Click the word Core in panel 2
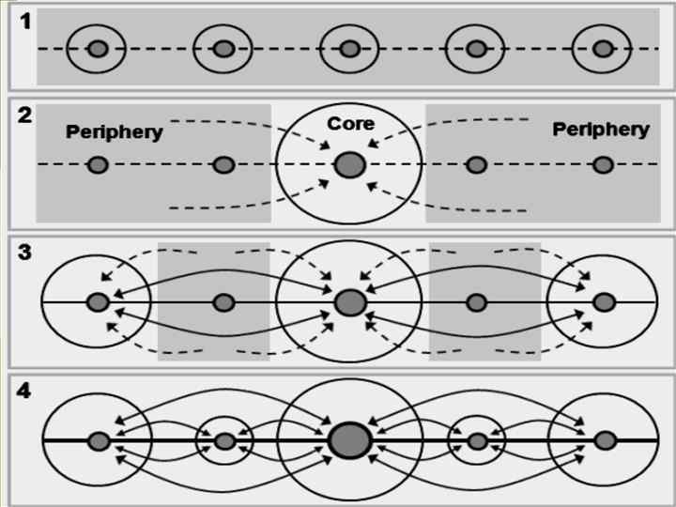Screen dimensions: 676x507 (350, 124)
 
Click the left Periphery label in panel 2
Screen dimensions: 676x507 (114, 132)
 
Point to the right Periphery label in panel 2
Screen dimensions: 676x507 (600, 130)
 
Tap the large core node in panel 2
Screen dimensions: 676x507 (350, 165)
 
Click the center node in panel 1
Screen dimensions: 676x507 (350, 49)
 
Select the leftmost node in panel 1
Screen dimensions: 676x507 (98, 49)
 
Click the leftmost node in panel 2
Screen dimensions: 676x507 (98, 165)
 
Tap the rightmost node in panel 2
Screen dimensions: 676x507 (603, 165)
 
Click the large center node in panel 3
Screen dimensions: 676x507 (350, 302)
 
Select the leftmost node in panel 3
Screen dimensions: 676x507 (98, 302)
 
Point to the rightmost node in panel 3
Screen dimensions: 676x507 (603, 302)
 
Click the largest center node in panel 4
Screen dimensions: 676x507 (350, 440)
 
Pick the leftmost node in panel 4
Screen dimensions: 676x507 (98, 440)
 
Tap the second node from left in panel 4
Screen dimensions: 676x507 (223, 440)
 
